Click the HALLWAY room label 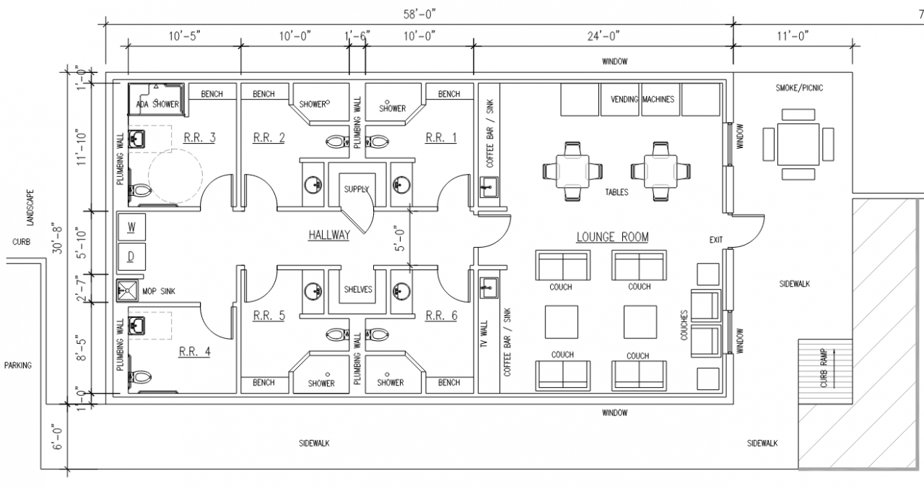click(328, 235)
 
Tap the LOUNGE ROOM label click(612, 237)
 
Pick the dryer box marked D click(131, 256)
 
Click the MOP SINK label click(160, 290)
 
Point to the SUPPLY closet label click(356, 189)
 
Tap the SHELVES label click(358, 289)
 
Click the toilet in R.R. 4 click(141, 377)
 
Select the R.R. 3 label click(199, 137)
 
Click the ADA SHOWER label click(157, 105)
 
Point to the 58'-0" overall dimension click(419, 13)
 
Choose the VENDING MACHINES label click(642, 99)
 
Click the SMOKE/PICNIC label click(799, 88)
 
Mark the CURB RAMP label click(824, 368)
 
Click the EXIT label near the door click(716, 241)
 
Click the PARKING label click(17, 365)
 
